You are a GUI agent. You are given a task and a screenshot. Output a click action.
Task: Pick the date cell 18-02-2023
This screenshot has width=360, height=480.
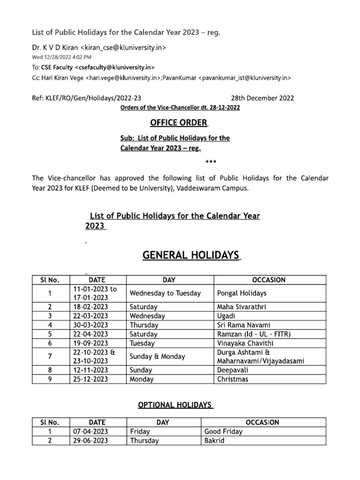pos(90,307)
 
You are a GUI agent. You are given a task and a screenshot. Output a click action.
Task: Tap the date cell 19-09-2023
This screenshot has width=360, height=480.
pos(90,343)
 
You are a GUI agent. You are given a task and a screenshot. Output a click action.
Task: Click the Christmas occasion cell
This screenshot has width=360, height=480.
pos(233,379)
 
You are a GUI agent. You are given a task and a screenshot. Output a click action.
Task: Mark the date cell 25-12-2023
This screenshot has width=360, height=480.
pos(90,379)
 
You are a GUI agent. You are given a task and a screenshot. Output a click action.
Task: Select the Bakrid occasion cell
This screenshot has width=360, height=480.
pos(215,441)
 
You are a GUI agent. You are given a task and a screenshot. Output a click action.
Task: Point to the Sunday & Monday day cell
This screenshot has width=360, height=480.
pos(157,356)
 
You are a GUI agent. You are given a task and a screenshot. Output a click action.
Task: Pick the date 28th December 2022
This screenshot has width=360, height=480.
pos(262,98)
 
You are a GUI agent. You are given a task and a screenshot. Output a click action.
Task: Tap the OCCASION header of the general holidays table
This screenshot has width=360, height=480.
pos(269,280)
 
